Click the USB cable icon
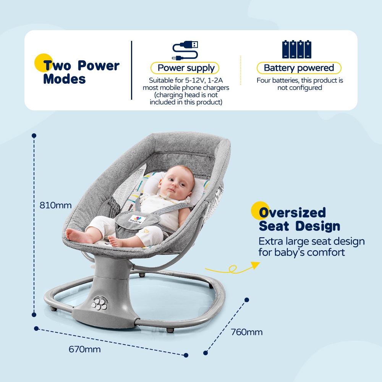pyautogui.click(x=185, y=50)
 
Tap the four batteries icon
pyautogui.click(x=297, y=49)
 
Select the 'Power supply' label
pyautogui.click(x=185, y=68)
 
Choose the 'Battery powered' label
pyautogui.click(x=299, y=68)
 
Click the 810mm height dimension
pyautogui.click(x=55, y=205)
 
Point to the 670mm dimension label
pyautogui.click(x=84, y=350)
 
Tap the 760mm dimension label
pyautogui.click(x=246, y=332)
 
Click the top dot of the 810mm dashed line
pyautogui.click(x=34, y=136)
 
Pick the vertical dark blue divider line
pyautogui.click(x=131, y=70)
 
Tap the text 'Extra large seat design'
pyautogui.click(x=312, y=241)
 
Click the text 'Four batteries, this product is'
pyautogui.click(x=299, y=80)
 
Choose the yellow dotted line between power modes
pyautogui.click(x=240, y=70)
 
